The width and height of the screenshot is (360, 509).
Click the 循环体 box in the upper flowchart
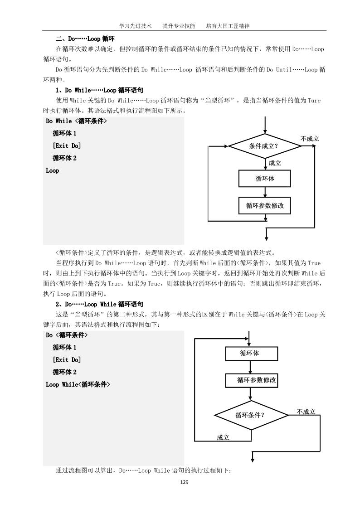click(265, 178)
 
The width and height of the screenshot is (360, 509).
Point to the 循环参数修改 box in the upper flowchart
click(265, 205)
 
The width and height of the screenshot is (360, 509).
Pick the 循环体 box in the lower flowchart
click(250, 354)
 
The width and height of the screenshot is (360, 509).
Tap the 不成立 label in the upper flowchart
click(310, 139)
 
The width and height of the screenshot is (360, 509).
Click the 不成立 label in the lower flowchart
click(306, 412)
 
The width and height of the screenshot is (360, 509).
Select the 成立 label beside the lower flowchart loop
click(223, 437)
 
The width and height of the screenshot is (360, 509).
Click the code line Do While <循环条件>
click(76, 121)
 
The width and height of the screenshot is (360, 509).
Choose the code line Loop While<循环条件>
click(78, 384)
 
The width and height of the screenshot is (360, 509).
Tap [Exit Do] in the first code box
click(67, 146)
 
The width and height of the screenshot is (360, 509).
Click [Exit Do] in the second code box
click(67, 360)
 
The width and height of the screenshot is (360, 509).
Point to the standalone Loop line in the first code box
click(53, 171)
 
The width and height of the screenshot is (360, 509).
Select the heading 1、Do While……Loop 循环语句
click(99, 90)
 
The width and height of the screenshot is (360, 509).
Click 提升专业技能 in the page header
click(179, 26)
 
